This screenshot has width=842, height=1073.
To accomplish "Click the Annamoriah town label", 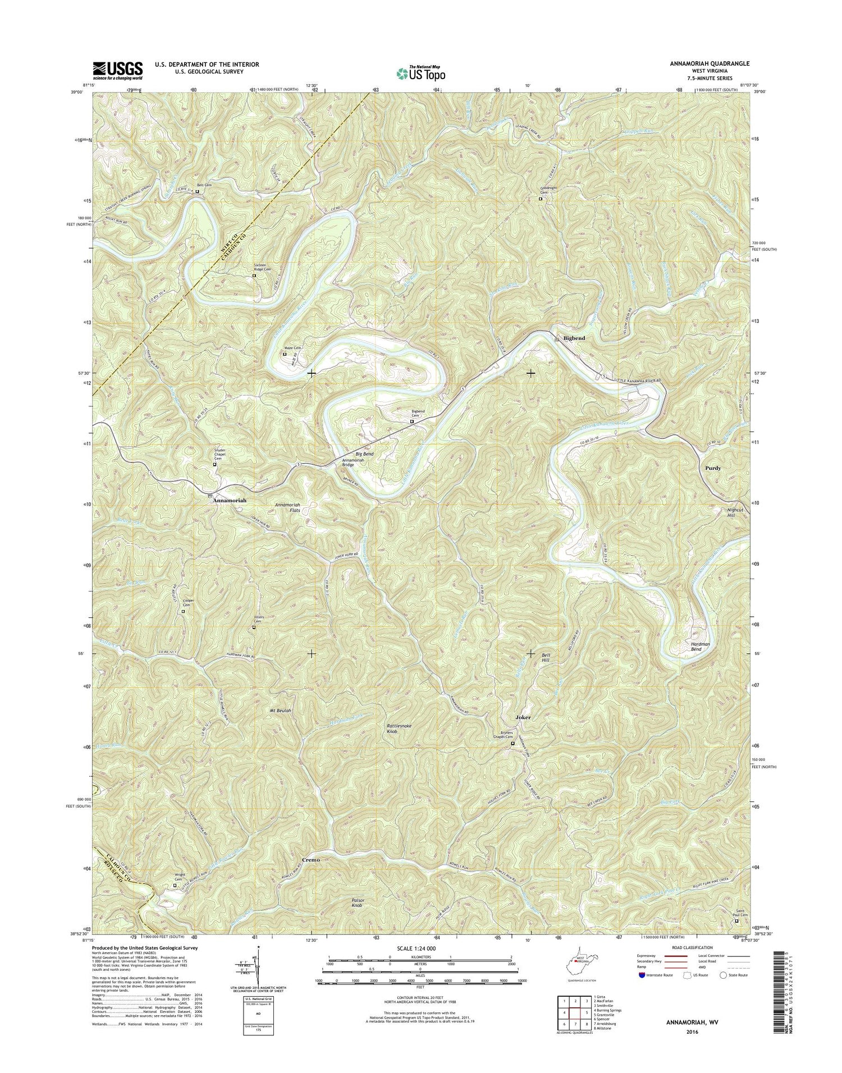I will tap(230, 499).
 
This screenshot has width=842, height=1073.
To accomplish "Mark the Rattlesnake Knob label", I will tap(400, 729).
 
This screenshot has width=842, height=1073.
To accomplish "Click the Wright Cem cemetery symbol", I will tap(174, 886).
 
